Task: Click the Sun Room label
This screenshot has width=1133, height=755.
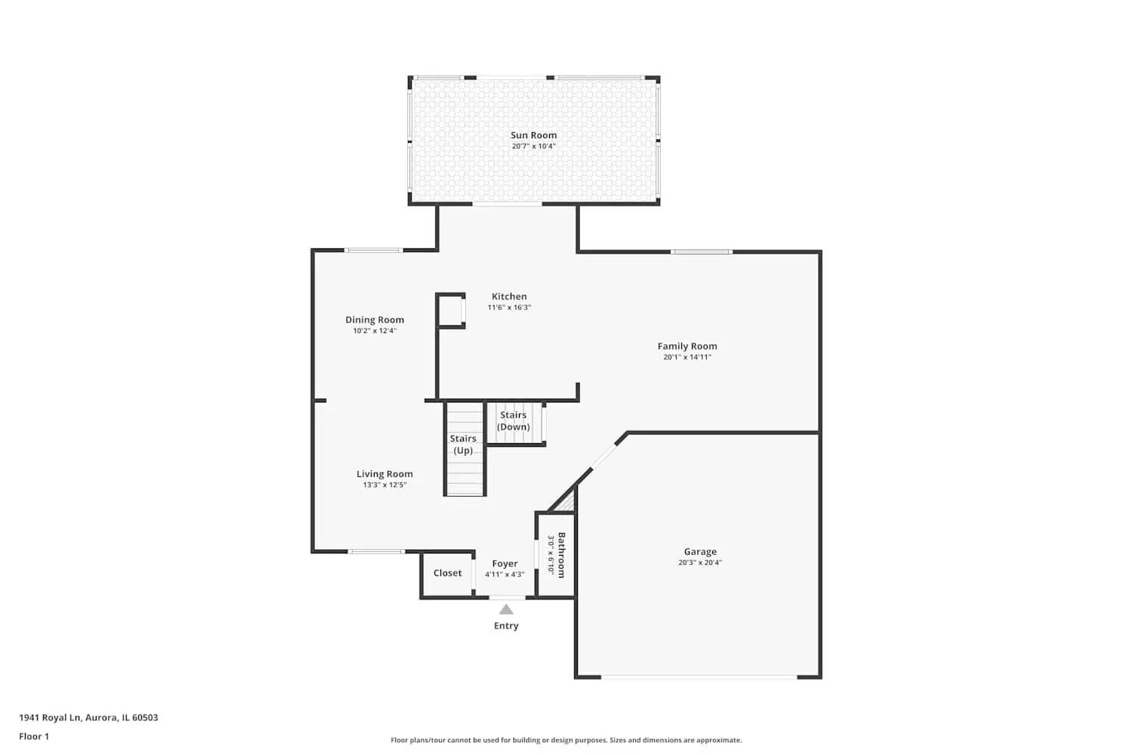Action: (x=533, y=135)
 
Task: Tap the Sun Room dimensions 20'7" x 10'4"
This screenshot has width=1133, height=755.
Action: (x=533, y=146)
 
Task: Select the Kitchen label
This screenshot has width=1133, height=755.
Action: (x=509, y=297)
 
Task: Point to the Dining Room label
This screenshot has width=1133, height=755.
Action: (x=375, y=320)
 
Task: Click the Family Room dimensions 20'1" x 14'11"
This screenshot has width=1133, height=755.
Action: (x=687, y=357)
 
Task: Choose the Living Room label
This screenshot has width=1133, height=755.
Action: (x=384, y=474)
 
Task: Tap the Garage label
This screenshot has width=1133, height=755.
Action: (x=700, y=552)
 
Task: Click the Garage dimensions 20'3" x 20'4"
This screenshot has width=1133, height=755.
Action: (x=700, y=562)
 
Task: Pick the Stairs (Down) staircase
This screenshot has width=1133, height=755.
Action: (x=514, y=423)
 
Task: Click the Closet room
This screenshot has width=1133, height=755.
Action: (x=447, y=574)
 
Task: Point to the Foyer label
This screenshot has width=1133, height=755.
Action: (x=505, y=564)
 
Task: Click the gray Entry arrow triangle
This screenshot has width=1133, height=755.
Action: (x=506, y=609)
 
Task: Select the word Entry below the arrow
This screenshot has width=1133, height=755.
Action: (x=506, y=626)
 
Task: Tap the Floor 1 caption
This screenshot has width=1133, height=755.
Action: (x=34, y=737)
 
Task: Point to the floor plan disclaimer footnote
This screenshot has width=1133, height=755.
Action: (x=566, y=741)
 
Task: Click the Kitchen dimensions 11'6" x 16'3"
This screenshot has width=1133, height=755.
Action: (x=509, y=308)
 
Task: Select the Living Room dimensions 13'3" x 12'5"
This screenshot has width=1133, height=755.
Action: (x=384, y=485)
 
